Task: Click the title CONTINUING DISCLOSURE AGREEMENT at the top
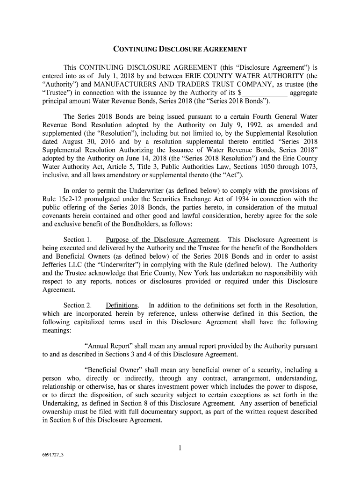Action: (180, 49)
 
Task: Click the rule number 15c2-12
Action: (68, 199)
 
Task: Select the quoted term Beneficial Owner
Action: (110, 368)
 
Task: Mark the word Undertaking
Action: (61, 404)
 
